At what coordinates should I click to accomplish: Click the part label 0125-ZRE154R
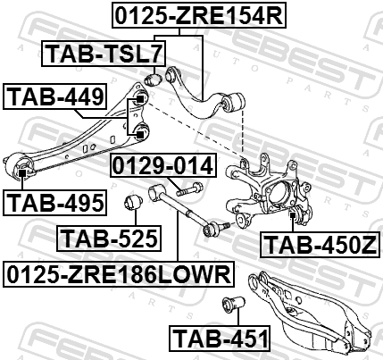tap(199, 15)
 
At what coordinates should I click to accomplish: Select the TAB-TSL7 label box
tap(104, 54)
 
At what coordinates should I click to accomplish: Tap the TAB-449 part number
tap(54, 96)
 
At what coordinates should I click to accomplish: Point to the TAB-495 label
tap(54, 203)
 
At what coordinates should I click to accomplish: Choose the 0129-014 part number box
tap(163, 165)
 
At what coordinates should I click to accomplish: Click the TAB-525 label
tap(109, 239)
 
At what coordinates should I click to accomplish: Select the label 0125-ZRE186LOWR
tap(119, 274)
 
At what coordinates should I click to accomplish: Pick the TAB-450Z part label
tap(320, 244)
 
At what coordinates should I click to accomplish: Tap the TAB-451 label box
tap(220, 339)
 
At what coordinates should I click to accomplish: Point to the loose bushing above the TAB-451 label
tap(234, 305)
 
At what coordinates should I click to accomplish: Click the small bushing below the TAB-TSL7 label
tap(153, 80)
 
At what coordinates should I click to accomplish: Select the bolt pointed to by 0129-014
tap(190, 189)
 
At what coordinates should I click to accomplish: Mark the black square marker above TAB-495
tap(22, 172)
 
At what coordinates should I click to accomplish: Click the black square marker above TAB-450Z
tap(293, 214)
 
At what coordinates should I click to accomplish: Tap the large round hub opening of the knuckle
tap(279, 194)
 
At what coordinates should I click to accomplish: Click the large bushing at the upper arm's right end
tap(235, 104)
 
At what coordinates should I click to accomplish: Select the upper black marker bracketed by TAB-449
tap(139, 99)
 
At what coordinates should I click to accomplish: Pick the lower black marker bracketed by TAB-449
tap(140, 134)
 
